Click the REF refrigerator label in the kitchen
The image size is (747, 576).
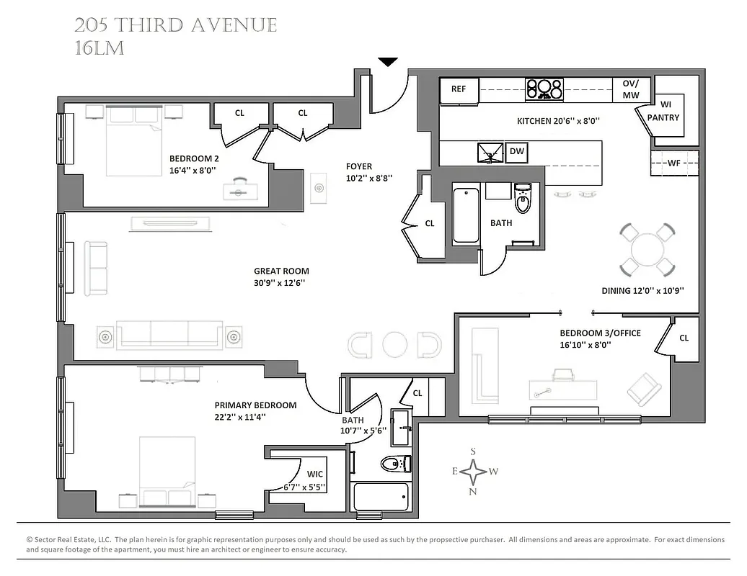coord(459,89)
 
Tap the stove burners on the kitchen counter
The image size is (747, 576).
coord(544,89)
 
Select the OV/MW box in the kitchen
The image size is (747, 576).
coord(631,89)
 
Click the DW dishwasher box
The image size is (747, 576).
coord(516,151)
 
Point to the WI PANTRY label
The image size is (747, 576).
coord(663,112)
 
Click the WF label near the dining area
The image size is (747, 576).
coord(673,163)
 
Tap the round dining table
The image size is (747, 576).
coord(648,250)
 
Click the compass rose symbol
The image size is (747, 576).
coord(474,472)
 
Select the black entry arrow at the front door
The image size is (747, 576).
coord(388,62)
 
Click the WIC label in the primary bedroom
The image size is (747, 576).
coord(315,474)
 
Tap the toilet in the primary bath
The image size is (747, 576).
coord(394,463)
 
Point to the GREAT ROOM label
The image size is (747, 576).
coord(281,271)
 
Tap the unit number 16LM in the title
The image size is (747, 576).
coord(100,48)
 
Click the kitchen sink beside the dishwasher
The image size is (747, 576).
coord(490,152)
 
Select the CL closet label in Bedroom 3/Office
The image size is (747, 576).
coord(684,338)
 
